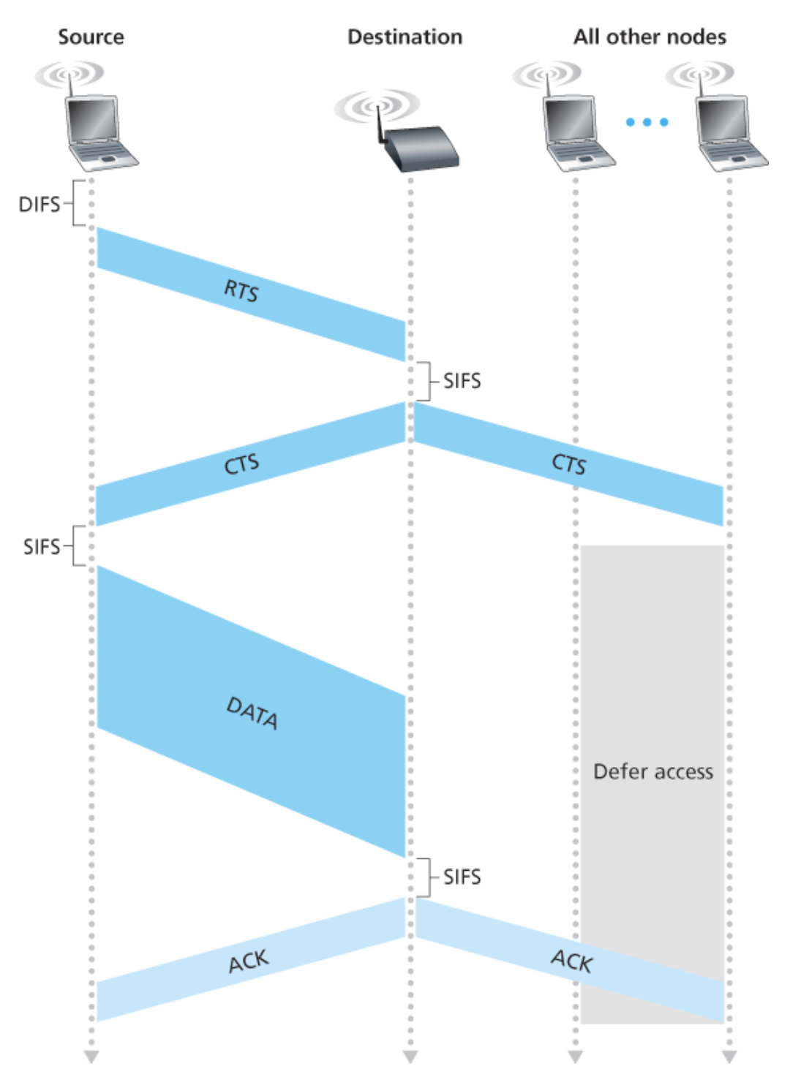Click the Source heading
(91, 37)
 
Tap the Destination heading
(405, 37)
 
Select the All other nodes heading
(650, 37)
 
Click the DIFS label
(39, 204)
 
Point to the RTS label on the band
(241, 291)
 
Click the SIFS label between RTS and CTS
(462, 381)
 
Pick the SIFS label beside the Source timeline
(42, 547)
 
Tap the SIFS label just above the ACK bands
(462, 877)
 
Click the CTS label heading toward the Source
(241, 464)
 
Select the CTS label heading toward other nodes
(568, 464)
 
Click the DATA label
(252, 713)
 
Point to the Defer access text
(652, 772)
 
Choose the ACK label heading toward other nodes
(571, 961)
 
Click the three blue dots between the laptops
(647, 122)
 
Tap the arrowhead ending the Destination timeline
(410, 1057)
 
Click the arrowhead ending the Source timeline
(91, 1057)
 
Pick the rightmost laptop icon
(729, 132)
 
